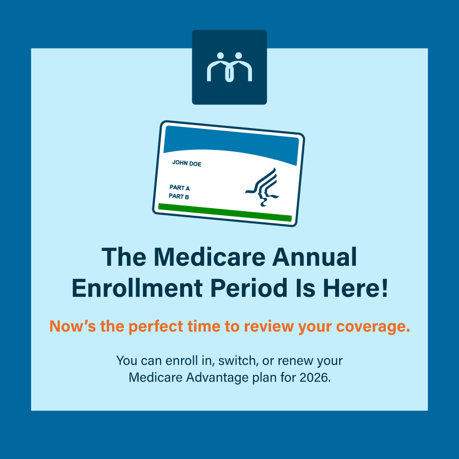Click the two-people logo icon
pos(229,67)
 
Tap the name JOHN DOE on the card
pos(187,163)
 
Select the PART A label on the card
pos(180,188)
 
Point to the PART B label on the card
pos(178,196)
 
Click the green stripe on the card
pos(225,213)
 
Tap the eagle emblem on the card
pos(262,187)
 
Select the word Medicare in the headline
pos(210,257)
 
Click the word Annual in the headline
pos(314,257)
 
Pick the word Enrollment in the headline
pos(137,288)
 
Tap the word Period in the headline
pos(249,288)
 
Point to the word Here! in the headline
pos(355,288)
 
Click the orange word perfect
pos(156,326)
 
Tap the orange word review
pos(269,326)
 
